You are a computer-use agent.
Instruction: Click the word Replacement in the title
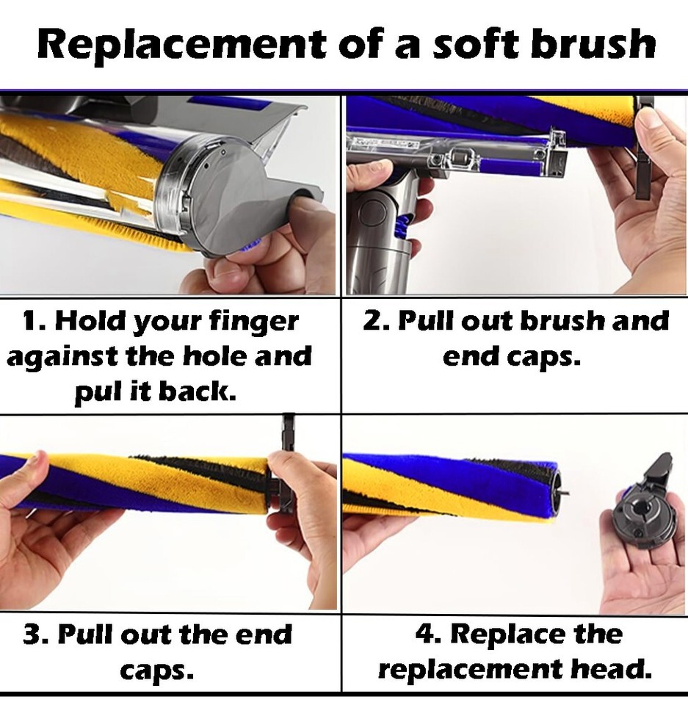(x=181, y=43)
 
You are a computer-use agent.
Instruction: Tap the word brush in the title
(x=593, y=43)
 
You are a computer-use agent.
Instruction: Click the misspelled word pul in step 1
(x=100, y=393)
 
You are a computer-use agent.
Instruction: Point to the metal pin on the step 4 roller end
(x=563, y=493)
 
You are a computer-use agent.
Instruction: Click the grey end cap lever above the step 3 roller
(x=288, y=432)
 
